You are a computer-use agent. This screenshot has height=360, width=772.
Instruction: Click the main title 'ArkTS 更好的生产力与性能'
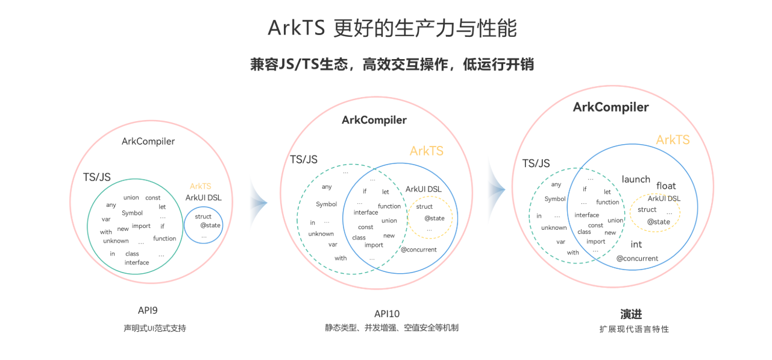coord(392,28)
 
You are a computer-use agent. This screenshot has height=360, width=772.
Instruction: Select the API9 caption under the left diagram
coord(148,311)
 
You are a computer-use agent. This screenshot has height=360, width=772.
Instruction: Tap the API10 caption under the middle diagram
coord(387,314)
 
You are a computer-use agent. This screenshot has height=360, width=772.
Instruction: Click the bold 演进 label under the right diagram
coord(631,314)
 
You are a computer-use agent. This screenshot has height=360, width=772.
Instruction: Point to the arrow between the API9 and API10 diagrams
coord(259,203)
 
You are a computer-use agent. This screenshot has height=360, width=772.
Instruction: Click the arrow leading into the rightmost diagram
coord(497,189)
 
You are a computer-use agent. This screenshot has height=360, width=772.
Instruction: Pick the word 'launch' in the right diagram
coord(636,179)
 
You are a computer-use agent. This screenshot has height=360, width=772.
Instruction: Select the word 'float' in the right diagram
coord(666,186)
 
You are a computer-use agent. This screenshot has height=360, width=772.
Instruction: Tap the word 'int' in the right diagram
coord(636,244)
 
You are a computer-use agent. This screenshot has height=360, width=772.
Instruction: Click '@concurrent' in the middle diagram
coord(419,250)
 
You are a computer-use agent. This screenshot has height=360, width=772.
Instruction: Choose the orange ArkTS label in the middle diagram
coord(426,151)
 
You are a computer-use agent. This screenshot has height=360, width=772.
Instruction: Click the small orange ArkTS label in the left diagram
coord(200,186)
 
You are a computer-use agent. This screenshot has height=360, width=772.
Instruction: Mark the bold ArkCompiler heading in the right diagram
coord(610,107)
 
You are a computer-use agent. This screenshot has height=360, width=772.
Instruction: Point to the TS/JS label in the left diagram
coord(97,177)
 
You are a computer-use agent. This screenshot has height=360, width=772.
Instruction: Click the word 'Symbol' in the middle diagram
coord(327,204)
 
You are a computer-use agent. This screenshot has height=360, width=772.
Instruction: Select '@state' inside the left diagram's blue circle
coord(210,225)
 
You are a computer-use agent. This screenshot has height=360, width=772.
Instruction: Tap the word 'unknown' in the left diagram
coord(116,241)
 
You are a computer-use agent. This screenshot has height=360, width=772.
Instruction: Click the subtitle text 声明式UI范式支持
coord(155,328)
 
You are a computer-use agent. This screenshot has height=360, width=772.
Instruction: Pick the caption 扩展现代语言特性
coord(634,329)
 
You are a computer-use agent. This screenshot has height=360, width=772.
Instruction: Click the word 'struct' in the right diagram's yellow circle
coord(647,210)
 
